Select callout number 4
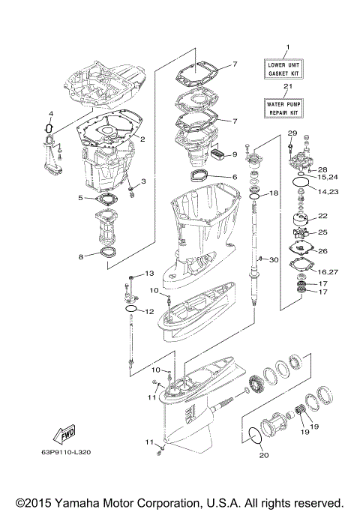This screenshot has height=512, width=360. [51, 114]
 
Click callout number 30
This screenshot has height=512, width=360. [274, 259]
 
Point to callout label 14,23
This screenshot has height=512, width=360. [328, 192]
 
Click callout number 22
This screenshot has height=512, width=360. [323, 216]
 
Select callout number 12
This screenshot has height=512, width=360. [148, 311]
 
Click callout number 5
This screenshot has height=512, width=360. [79, 198]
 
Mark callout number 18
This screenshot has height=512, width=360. [274, 193]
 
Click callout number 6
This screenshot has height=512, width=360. [234, 177]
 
